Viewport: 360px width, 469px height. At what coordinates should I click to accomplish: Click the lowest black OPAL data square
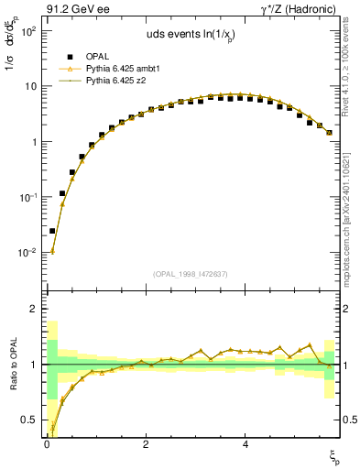coord(52,232)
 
